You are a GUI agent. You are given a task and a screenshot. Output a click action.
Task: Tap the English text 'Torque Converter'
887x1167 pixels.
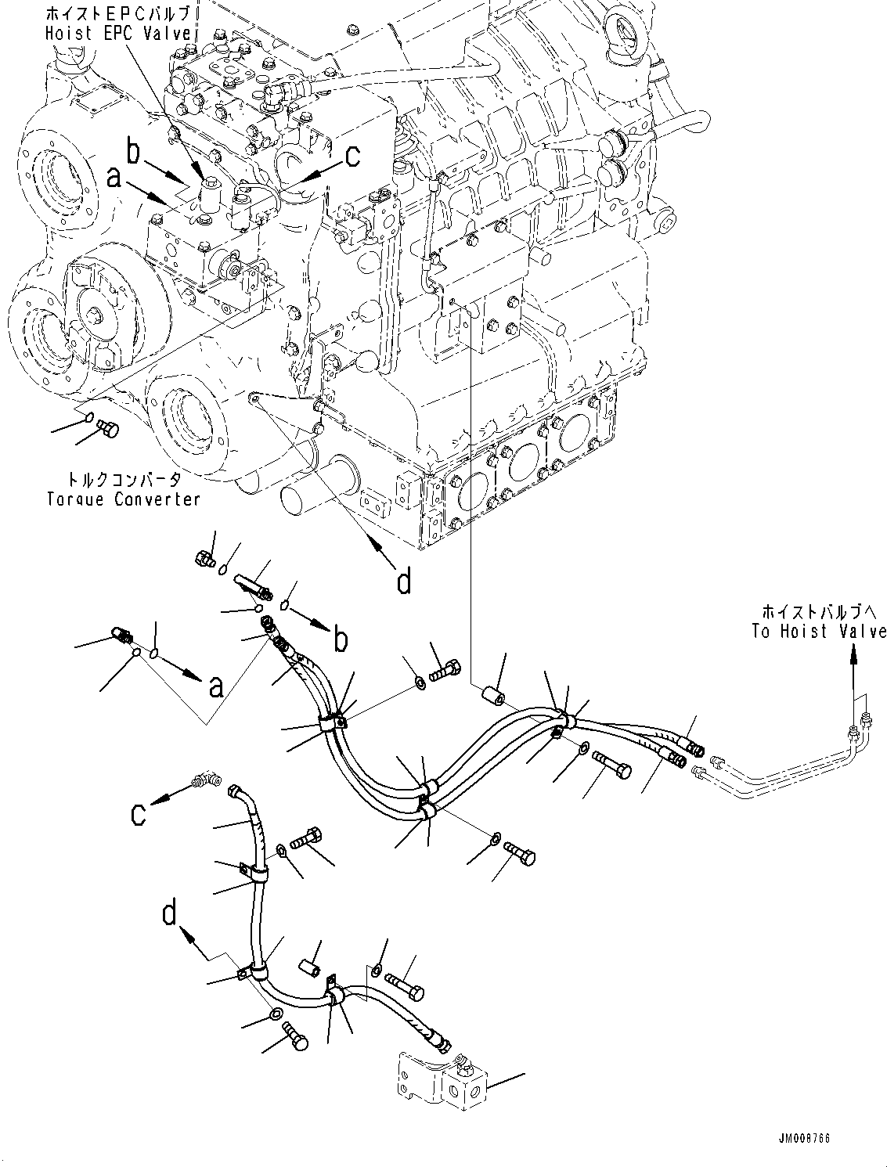click(x=124, y=499)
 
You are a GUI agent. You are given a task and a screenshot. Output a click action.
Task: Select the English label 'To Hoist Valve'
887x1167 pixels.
click(x=819, y=631)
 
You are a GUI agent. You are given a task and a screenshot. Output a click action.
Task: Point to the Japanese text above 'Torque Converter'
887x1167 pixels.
click(x=122, y=480)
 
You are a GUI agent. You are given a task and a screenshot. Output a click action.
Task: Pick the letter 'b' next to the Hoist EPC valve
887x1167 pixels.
click(x=133, y=152)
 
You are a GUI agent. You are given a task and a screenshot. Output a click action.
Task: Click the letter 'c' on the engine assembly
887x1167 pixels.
click(x=352, y=156)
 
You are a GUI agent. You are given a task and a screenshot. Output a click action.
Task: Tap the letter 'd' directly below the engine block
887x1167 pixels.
click(x=404, y=581)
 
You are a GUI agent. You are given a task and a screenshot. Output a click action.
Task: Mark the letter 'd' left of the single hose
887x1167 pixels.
click(x=170, y=915)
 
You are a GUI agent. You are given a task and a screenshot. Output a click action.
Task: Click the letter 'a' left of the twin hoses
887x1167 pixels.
click(x=216, y=686)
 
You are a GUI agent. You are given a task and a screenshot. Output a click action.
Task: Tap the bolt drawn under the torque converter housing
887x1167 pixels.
click(x=107, y=428)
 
